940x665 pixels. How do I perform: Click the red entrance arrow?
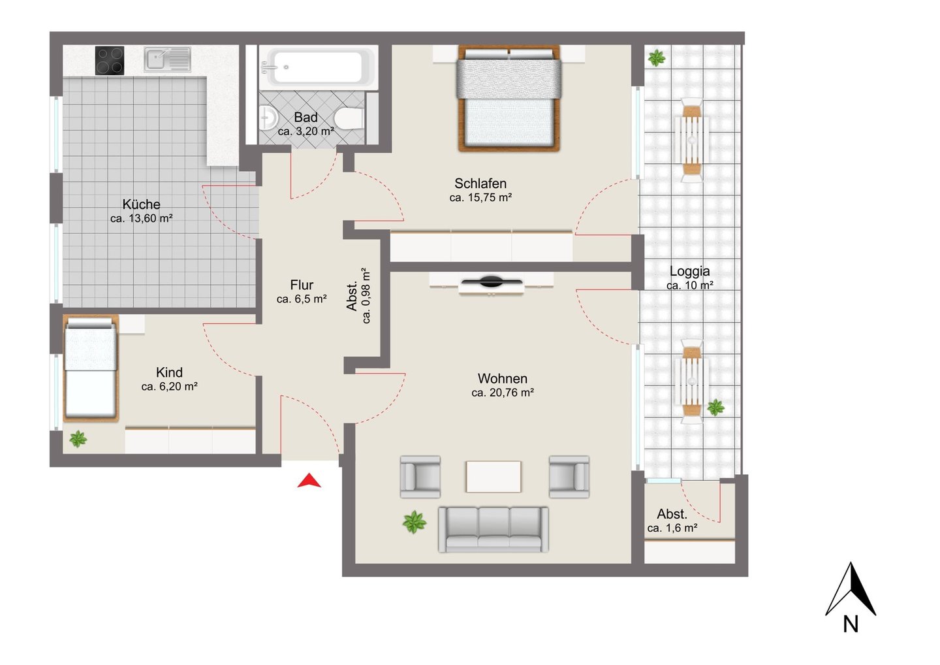[309, 482]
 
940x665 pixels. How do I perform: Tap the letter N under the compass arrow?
[851, 624]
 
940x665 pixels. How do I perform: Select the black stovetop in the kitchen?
[110, 61]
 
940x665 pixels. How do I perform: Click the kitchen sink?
[167, 59]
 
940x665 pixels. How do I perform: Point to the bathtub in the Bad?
[318, 67]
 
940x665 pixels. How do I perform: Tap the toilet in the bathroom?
[349, 118]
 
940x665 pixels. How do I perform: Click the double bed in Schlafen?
[509, 98]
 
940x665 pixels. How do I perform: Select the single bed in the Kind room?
[91, 368]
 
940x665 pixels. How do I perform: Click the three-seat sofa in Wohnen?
[493, 530]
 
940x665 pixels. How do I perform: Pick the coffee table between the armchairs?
[493, 476]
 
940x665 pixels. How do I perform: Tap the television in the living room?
[491, 282]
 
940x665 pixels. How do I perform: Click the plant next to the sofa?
[414, 522]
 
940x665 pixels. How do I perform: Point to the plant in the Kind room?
[78, 439]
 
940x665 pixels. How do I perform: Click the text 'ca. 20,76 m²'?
[503, 393]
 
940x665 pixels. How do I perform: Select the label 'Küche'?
[142, 204]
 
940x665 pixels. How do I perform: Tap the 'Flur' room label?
[302, 285]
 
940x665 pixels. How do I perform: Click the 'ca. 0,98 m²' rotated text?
[366, 295]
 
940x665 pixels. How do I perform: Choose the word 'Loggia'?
[690, 272]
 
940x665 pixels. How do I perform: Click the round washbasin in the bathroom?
[268, 118]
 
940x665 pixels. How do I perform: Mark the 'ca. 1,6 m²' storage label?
[672, 528]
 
